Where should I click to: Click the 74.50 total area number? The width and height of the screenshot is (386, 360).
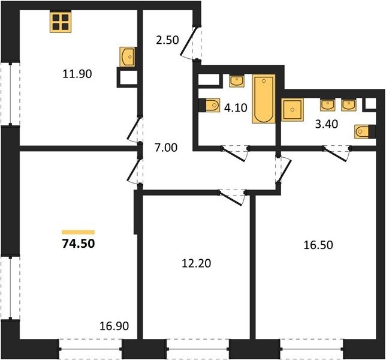tap(79, 244)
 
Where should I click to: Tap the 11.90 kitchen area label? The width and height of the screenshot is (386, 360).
tap(77, 74)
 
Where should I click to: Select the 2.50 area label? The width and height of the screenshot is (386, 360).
tap(167, 40)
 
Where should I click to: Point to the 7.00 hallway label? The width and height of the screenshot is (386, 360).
tap(166, 148)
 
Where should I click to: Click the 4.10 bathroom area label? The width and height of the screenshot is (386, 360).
tap(236, 107)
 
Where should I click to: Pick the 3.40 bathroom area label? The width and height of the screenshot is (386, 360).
tap(327, 124)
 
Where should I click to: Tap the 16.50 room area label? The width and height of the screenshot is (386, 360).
tap(318, 245)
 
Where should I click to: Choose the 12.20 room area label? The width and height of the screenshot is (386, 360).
tap(196, 263)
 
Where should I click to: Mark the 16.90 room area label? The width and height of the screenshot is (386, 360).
tap(114, 326)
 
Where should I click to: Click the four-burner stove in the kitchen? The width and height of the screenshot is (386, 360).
tap(61, 22)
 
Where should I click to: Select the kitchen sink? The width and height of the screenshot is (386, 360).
tap(127, 57)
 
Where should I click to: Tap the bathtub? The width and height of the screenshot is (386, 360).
tap(264, 98)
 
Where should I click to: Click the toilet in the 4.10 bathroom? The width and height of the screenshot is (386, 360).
tap(209, 105)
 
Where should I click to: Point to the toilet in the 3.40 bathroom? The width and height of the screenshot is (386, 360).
tap(365, 131)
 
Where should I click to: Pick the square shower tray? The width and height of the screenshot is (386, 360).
tap(292, 109)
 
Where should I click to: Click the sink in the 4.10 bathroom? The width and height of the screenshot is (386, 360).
tap(237, 81)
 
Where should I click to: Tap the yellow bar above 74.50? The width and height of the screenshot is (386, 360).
tap(79, 232)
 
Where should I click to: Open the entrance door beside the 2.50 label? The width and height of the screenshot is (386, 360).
tap(189, 42)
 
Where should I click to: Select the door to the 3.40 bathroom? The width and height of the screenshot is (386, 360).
tap(336, 154)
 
